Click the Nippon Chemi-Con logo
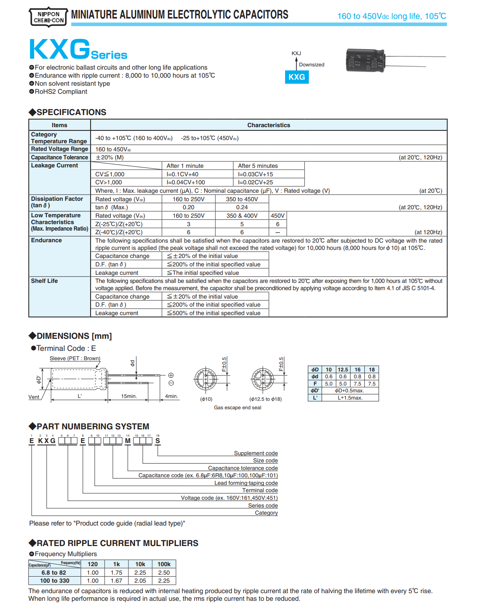(x=48, y=17)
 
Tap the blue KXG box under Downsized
(x=297, y=77)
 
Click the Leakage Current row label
(x=55, y=165)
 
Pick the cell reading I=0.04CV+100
(x=186, y=182)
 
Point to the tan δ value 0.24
(x=242, y=207)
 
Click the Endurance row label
(x=47, y=240)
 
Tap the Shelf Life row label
(x=44, y=281)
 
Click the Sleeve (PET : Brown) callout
(x=75, y=359)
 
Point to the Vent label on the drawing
(x=34, y=397)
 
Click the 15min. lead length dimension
(x=129, y=396)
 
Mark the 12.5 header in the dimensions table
(x=343, y=369)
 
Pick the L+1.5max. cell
(x=350, y=398)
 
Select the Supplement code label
(x=256, y=453)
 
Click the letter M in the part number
(x=128, y=441)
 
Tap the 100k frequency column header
(x=164, y=564)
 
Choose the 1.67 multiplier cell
(x=116, y=581)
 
